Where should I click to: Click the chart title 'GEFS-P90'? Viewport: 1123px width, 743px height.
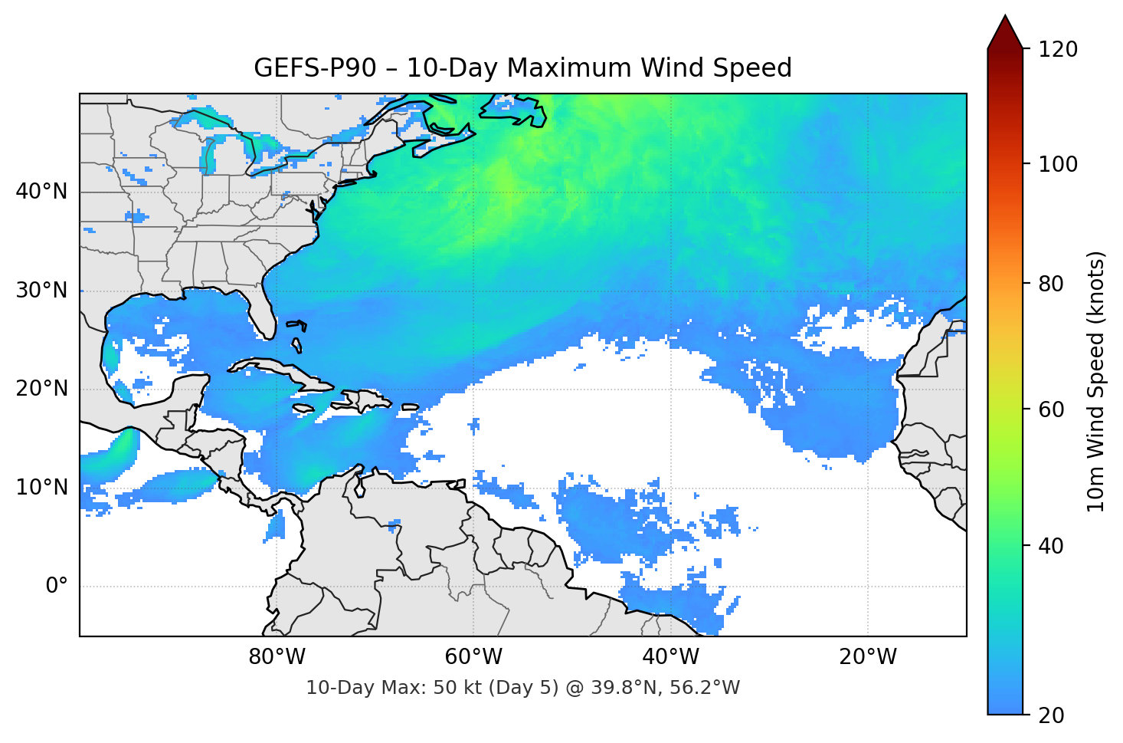315,68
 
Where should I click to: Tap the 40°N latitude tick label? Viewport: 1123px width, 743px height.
41,192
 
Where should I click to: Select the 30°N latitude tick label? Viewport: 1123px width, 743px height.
41,291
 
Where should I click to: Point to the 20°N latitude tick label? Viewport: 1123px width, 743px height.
41,389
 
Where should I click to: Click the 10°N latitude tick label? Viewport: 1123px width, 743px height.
41,488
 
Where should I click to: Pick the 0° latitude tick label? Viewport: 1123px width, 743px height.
57,587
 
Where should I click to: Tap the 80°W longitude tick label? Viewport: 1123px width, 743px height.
277,657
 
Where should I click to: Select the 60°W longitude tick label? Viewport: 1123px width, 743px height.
473,657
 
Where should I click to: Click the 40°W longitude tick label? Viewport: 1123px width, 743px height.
670,657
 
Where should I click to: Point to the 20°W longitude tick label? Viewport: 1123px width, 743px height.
867,657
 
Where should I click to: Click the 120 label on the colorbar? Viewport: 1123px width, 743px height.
1058,50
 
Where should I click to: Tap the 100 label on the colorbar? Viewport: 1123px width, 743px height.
1058,164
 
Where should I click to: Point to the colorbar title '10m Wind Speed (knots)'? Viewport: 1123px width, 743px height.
1096,381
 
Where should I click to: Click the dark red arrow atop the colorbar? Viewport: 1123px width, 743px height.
1005,32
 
